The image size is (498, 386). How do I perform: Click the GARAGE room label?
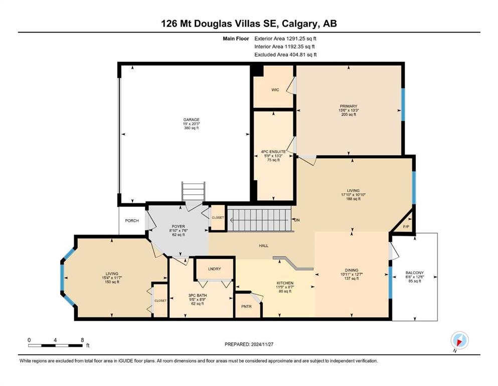click(x=191, y=120)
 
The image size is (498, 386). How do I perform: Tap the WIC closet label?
click(x=275, y=90)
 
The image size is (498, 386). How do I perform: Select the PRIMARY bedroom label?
click(x=349, y=106)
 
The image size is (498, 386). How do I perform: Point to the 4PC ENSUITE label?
click(x=273, y=152)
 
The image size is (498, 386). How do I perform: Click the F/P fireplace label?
click(x=406, y=227)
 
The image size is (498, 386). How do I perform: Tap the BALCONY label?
click(x=414, y=273)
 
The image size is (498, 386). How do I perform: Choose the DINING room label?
click(x=351, y=270)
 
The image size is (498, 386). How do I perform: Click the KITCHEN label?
click(x=285, y=283)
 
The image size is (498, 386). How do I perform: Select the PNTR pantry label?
click(x=246, y=307)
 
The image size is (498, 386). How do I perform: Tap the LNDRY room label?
click(x=214, y=269)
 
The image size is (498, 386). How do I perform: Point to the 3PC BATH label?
click(x=198, y=296)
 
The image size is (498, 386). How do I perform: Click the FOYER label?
click(x=179, y=227)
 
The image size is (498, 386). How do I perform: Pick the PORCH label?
click(x=132, y=221)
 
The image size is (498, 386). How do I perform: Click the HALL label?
click(x=264, y=246)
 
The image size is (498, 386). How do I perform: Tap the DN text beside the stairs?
click(x=297, y=220)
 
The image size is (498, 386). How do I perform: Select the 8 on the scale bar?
click(x=82, y=340)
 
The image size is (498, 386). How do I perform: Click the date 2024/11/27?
click(x=262, y=344)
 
